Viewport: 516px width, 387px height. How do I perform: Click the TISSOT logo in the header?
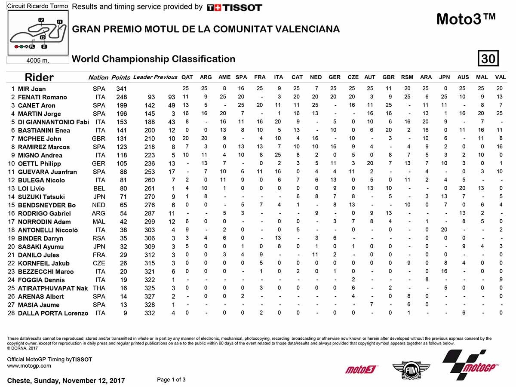(x=234, y=8)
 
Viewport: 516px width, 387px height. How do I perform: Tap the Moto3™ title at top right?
(x=466, y=19)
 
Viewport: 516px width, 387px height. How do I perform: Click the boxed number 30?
(x=488, y=58)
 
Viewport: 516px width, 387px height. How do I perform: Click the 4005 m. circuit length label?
(x=38, y=60)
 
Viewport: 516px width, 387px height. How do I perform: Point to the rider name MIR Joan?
(x=32, y=89)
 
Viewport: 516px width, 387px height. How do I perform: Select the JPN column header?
(x=444, y=77)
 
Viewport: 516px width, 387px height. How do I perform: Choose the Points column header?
(x=120, y=77)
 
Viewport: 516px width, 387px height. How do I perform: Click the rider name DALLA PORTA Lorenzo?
(x=53, y=313)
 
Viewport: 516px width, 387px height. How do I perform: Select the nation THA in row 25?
(x=99, y=289)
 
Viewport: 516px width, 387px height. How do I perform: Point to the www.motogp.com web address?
(x=29, y=366)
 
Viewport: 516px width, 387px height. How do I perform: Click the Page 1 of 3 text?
(x=172, y=379)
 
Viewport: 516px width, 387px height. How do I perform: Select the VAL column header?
(x=500, y=77)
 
